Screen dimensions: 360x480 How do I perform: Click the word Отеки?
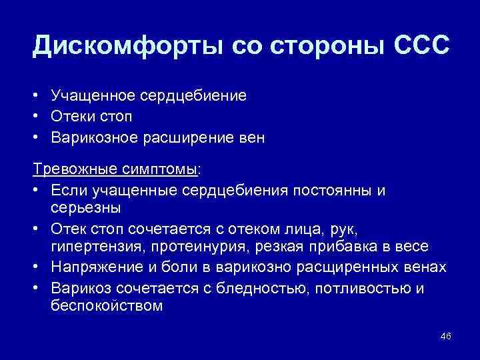[x=72, y=117]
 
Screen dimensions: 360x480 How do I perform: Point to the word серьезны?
[x=85, y=208]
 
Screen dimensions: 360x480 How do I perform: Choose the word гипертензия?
[x=94, y=247]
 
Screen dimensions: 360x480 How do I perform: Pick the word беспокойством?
[x=107, y=306]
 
